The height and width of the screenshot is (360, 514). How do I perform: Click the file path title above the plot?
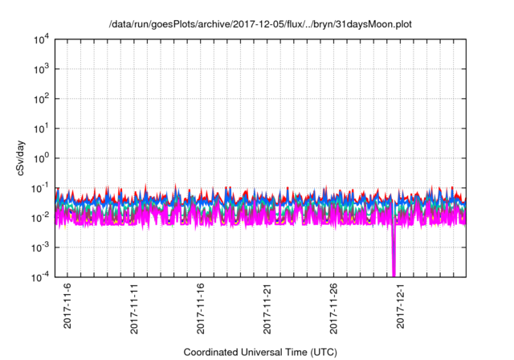(x=258, y=24)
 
